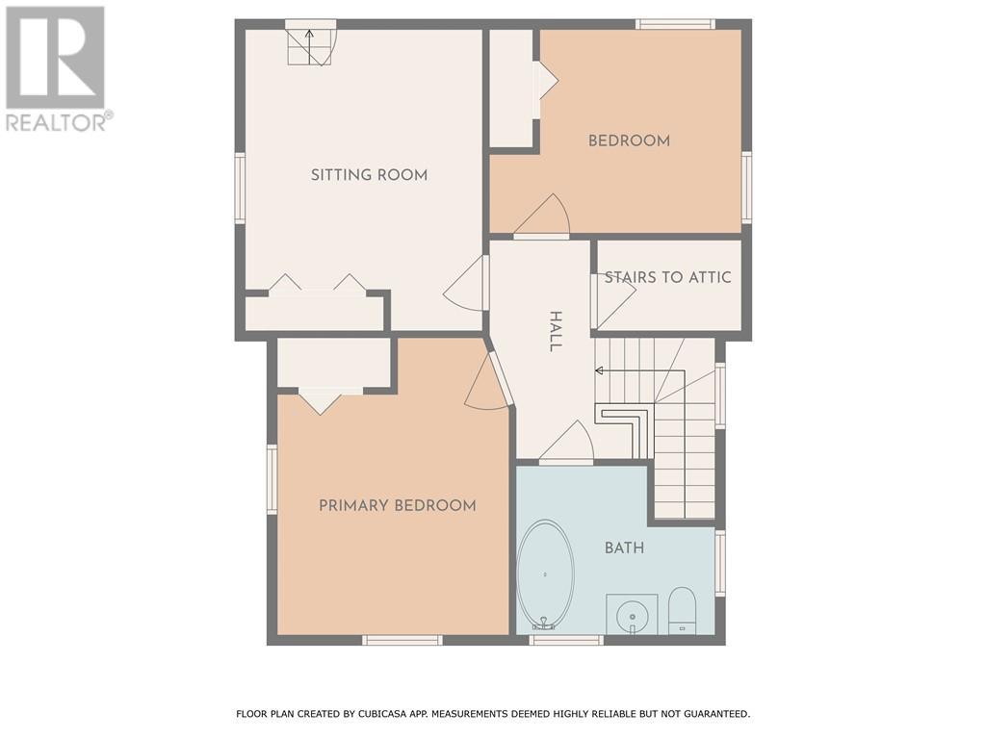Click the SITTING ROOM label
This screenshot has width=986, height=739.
pos(369,175)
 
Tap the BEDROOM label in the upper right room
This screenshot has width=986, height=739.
pos(629,140)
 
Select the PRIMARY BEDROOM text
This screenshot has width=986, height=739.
pos(397,505)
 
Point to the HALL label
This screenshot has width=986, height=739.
pos(555,331)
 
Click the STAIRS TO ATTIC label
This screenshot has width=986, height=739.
pos(667,278)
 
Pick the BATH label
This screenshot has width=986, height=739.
pos(624,548)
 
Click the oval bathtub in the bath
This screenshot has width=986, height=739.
pos(545,574)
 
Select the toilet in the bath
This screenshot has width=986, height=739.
pos(682,610)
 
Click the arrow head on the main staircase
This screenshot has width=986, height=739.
pos(599,370)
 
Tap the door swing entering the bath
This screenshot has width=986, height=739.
pos(569,443)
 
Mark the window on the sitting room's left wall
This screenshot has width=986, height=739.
pos(240,189)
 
